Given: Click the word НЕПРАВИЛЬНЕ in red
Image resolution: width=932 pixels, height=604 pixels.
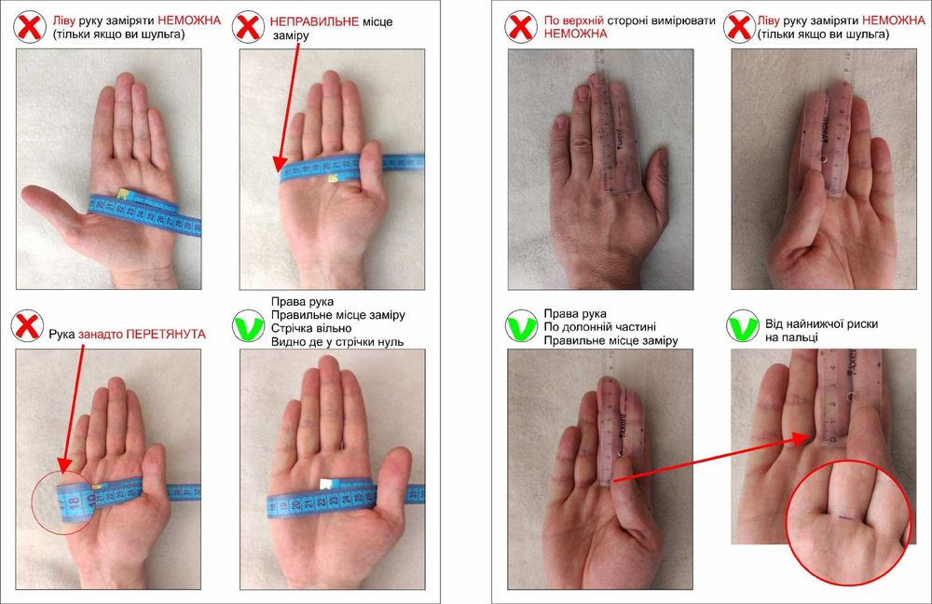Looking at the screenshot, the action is pos(314,22).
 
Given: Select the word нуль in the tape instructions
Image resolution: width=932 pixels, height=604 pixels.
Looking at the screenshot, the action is pos(390,342).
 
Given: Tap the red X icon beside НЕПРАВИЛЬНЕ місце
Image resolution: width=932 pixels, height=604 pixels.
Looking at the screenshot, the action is pos(248,27).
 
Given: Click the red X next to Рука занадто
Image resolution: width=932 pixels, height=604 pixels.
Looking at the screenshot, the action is pos(27,326).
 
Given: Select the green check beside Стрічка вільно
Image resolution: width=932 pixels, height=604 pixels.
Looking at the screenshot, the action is pos(249,326).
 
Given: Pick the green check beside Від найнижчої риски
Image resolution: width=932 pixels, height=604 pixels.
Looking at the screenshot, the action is pos(743,326).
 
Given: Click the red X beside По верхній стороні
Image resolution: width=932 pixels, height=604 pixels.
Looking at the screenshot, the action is pos(521,27).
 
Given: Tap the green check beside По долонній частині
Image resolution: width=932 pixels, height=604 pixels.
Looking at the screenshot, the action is pos(521,326).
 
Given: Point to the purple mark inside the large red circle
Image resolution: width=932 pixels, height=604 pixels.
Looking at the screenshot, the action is pos(846,518).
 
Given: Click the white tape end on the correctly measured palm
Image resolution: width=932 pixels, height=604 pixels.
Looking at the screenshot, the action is pos(325,484).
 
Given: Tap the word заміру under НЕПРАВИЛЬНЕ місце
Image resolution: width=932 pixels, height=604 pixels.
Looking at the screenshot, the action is pos(291,35).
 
